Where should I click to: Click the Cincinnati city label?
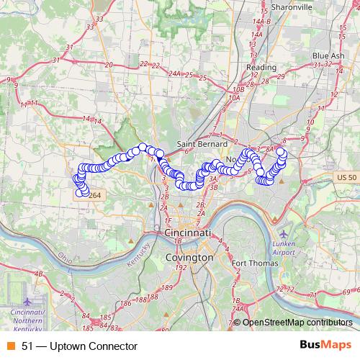(188, 235)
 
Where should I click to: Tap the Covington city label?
(189, 256)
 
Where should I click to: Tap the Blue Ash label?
(328, 55)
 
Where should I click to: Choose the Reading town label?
(261, 67)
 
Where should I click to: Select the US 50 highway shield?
(346, 177)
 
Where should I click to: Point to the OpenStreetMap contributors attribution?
(297, 323)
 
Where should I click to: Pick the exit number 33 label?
(90, 27)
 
